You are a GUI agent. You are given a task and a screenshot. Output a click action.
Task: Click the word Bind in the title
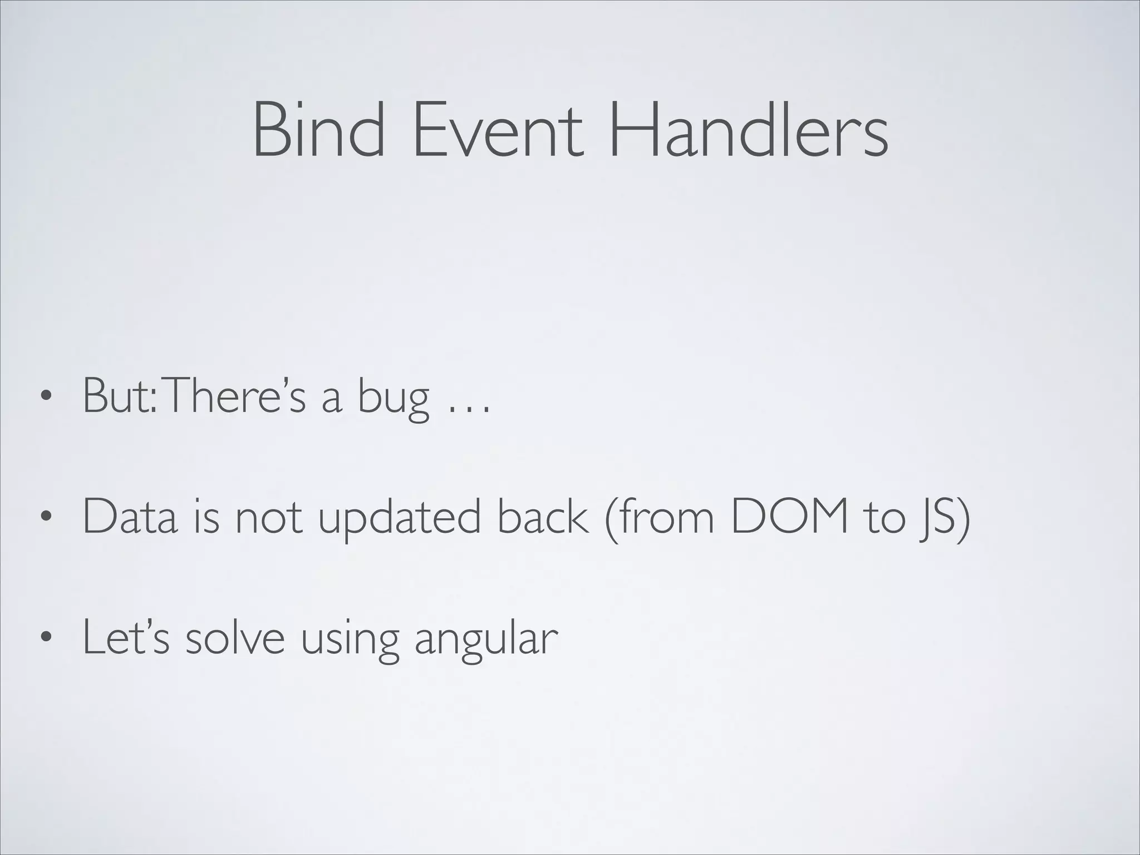pos(318,130)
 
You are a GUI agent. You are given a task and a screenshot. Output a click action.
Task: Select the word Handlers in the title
pos(748,130)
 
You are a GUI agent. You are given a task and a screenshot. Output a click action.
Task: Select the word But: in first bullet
pos(119,396)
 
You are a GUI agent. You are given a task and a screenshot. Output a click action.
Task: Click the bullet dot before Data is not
pos(46,518)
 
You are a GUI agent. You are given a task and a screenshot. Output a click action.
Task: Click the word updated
pos(399,518)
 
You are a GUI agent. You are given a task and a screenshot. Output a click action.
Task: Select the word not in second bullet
pos(269,518)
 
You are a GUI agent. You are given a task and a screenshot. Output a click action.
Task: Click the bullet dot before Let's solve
pos(46,638)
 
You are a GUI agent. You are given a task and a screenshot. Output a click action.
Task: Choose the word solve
pos(234,638)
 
